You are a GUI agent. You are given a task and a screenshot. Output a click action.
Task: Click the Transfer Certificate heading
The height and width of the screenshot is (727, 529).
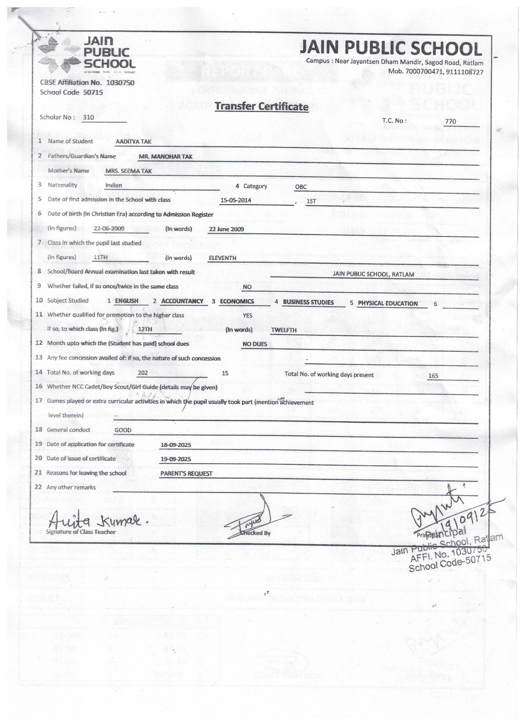point(262,106)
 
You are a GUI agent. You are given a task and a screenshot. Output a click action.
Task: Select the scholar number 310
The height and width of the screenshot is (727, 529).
point(89,117)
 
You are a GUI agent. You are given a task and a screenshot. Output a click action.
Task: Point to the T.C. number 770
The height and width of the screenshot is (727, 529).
point(450,121)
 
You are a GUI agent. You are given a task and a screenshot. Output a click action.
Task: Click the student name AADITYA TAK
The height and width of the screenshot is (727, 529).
point(129,141)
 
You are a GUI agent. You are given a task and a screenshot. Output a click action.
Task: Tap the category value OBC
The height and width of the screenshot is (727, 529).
point(301,187)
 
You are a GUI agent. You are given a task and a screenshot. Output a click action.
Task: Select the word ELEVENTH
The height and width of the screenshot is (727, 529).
point(223,258)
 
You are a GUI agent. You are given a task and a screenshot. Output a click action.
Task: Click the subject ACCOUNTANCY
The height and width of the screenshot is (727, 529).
point(182,301)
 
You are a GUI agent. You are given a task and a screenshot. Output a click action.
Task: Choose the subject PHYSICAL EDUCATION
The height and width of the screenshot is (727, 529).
point(387,303)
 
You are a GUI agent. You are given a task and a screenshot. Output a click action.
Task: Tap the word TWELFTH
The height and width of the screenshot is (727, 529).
point(284,330)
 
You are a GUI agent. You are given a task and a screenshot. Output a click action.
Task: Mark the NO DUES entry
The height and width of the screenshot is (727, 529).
point(255,344)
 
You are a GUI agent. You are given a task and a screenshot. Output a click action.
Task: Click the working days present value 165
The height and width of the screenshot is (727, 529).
point(433,376)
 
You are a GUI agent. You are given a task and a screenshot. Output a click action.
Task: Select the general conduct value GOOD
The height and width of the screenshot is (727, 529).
point(123,430)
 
